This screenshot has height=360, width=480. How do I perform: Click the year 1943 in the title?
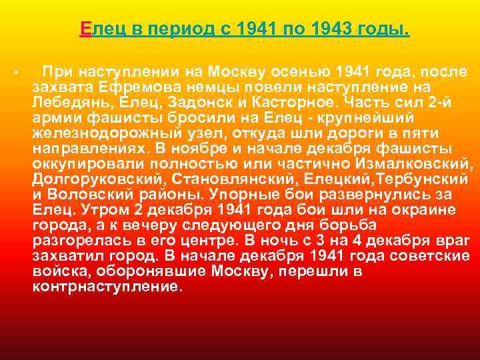click(x=331, y=30)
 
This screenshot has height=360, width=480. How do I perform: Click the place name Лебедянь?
click(x=65, y=102)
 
